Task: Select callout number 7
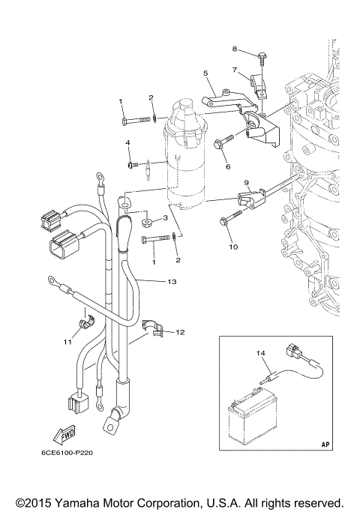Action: pos(234,70)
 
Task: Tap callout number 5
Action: pos(205,73)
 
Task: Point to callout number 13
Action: pos(172,282)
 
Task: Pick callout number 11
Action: pos(67,342)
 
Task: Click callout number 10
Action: pos(232,246)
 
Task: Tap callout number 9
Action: pos(244,183)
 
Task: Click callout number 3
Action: pos(164,218)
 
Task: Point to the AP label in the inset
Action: pos(325,445)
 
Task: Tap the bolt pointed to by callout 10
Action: pos(227,220)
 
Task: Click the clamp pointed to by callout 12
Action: pos(153,328)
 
